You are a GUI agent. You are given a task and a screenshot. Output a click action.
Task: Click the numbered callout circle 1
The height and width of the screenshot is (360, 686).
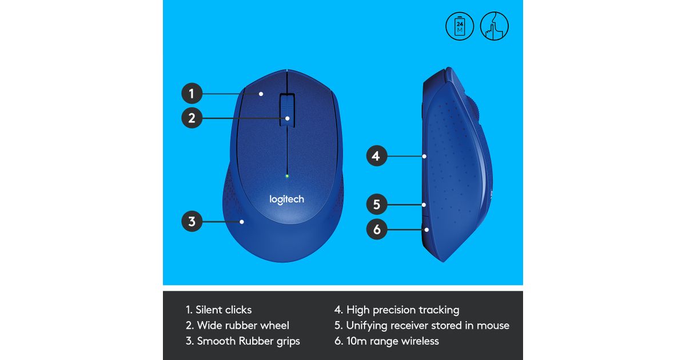click(192, 93)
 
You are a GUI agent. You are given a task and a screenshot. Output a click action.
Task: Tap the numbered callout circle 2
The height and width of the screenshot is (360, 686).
click(192, 118)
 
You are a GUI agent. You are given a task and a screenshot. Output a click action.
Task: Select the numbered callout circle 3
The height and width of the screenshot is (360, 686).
click(192, 221)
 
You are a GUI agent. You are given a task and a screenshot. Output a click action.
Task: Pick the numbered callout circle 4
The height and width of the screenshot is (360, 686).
click(377, 156)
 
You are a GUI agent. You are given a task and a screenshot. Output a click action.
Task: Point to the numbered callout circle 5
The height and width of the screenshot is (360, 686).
click(377, 204)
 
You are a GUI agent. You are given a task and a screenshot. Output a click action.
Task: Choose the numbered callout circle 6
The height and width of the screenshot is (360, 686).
click(377, 229)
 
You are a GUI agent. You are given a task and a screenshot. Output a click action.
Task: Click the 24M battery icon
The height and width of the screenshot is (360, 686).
click(460, 26)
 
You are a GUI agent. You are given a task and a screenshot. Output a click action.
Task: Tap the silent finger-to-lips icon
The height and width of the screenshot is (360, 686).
click(494, 26)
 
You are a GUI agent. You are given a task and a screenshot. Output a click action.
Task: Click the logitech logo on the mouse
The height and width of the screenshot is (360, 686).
click(286, 199)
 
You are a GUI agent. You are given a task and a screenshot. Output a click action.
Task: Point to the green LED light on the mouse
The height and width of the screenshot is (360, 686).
click(287, 176)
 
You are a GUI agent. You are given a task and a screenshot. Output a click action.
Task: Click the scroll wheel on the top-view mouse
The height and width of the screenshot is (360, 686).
click(287, 110)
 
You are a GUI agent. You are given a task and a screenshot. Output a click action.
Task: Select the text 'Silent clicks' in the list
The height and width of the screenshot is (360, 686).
click(224, 310)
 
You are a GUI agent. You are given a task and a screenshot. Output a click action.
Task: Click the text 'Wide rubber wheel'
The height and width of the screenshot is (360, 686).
click(243, 325)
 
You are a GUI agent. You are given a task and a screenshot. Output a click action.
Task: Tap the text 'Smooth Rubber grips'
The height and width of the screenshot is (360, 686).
click(248, 341)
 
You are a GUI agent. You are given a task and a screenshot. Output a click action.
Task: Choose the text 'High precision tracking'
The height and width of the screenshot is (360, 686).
click(402, 310)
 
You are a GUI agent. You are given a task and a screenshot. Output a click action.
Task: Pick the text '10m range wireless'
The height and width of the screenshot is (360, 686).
click(393, 341)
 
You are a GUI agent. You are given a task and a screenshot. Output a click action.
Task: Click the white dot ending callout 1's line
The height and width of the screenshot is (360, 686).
click(261, 94)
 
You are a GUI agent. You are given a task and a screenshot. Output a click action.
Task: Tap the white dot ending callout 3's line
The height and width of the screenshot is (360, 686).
click(242, 222)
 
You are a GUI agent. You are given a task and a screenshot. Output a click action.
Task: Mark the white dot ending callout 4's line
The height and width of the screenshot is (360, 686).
click(424, 156)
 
